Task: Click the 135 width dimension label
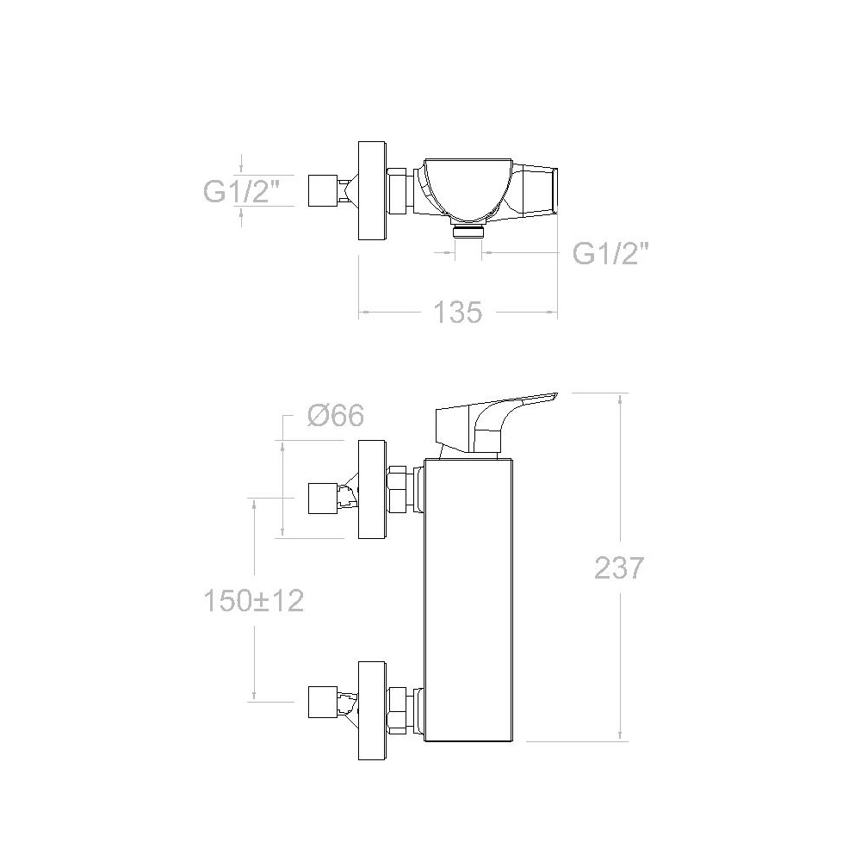457,312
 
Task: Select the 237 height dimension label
618,567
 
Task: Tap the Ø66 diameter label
336,415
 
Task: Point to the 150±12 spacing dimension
254,600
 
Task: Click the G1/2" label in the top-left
242,191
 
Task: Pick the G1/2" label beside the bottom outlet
610,253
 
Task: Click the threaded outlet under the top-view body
468,231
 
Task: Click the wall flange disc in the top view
373,190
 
